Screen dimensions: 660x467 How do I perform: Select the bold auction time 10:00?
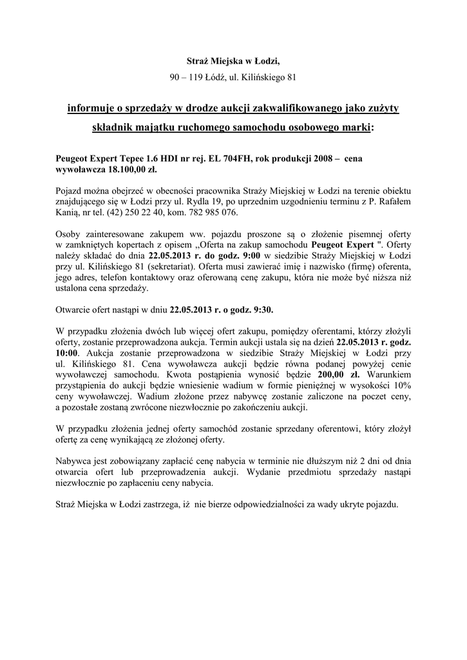(68, 354)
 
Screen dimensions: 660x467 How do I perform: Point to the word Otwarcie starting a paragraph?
(75, 309)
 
